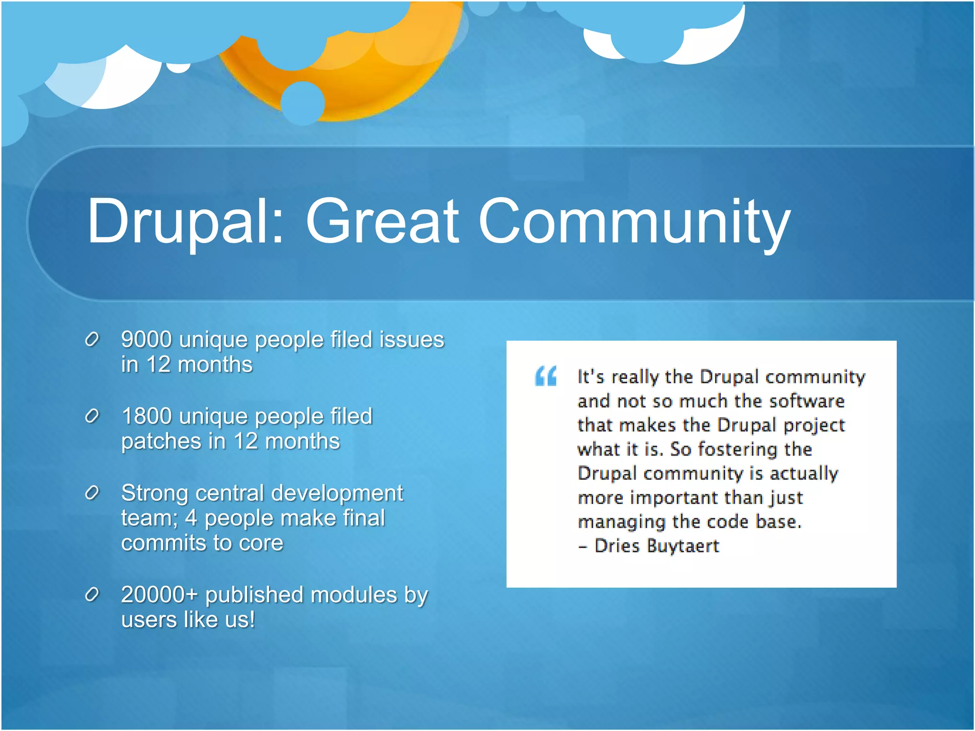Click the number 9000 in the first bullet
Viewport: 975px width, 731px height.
[146, 340]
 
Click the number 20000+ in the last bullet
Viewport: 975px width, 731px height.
[159, 595]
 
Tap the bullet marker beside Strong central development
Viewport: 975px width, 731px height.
[91, 493]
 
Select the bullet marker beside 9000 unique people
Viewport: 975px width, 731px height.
[91, 340]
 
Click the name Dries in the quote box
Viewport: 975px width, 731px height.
[617, 546]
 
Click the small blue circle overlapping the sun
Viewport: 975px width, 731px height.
[303, 103]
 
